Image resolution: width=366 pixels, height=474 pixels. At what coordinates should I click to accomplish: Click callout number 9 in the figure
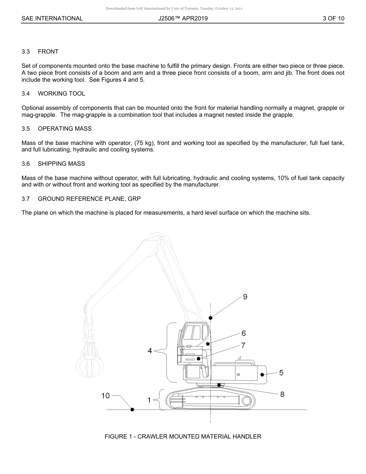[x=245, y=297]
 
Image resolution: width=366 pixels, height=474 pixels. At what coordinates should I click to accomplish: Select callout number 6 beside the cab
[x=243, y=333]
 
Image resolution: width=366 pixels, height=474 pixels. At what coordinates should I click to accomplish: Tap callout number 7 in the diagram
[x=243, y=346]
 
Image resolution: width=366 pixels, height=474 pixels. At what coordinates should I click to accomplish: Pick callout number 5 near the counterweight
[x=281, y=373]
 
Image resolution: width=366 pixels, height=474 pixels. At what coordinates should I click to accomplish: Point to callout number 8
[x=282, y=394]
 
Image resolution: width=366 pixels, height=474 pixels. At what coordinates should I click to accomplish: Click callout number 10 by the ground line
[x=106, y=395]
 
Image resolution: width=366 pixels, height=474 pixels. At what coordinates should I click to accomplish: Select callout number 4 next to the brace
[x=150, y=351]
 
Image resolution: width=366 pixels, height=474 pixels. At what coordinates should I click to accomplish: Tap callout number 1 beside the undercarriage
[x=149, y=400]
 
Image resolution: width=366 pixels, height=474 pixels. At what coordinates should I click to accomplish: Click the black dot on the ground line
[x=132, y=409]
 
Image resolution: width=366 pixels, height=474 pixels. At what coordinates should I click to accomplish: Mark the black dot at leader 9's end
[x=210, y=318]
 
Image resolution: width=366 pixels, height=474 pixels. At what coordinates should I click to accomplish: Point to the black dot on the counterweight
[x=262, y=374]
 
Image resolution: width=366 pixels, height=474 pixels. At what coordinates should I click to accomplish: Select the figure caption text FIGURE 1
[x=183, y=437]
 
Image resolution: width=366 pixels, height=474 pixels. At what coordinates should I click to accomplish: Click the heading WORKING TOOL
[x=61, y=94]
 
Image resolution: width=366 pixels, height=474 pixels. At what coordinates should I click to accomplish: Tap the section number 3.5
[x=26, y=129]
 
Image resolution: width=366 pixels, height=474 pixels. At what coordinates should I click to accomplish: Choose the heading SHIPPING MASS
[x=61, y=164]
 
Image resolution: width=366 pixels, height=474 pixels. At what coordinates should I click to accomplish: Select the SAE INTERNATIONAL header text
[x=52, y=18]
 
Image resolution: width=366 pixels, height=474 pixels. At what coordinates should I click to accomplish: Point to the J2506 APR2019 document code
[x=183, y=18]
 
